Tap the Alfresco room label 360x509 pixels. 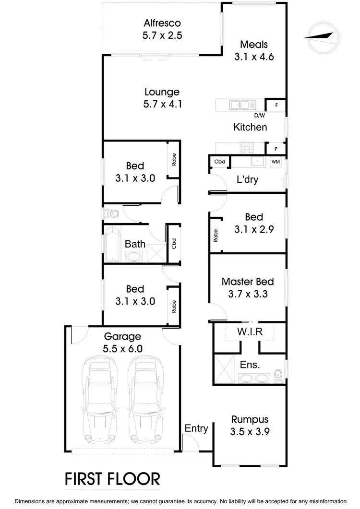(x=162, y=23)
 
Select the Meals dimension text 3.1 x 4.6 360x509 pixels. (x=253, y=57)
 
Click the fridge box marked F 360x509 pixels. (x=276, y=105)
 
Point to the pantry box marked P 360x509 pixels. (x=276, y=149)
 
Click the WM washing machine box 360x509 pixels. (x=276, y=162)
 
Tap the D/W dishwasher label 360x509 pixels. (x=259, y=115)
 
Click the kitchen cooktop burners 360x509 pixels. (x=247, y=147)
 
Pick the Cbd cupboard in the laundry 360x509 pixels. (x=220, y=162)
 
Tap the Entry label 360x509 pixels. (x=196, y=428)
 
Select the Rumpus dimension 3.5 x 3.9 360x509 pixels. (x=250, y=431)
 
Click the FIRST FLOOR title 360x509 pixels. (x=112, y=478)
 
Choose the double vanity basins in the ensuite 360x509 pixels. (x=254, y=378)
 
